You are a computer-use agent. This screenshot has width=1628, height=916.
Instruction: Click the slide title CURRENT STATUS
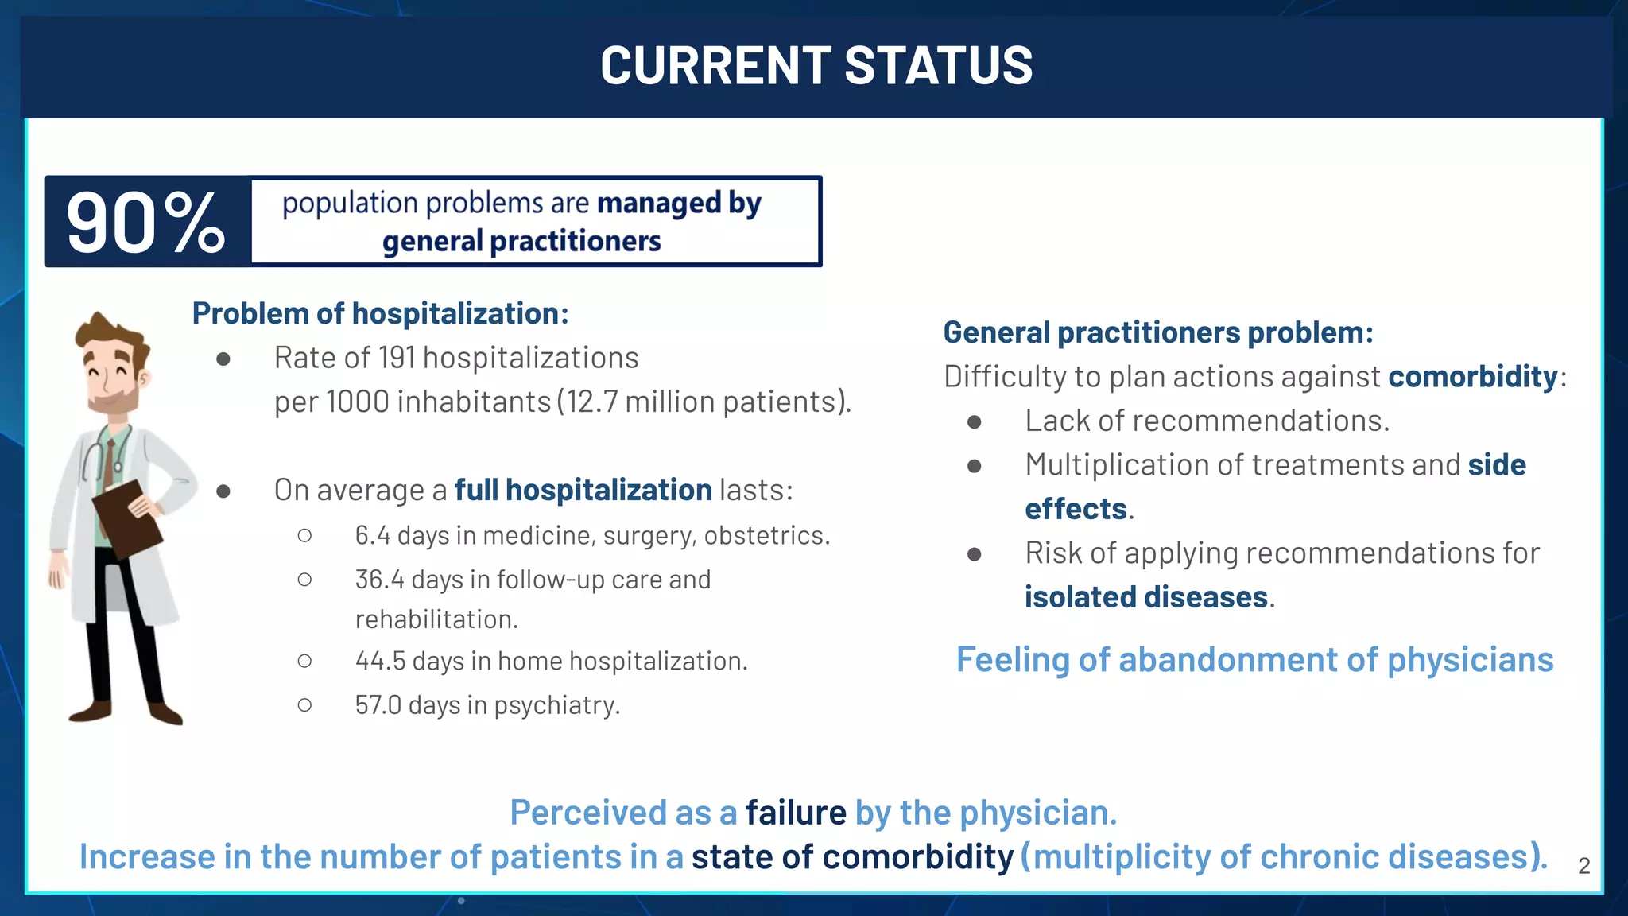coord(816,65)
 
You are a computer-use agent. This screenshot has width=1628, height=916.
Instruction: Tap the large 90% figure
coord(146,223)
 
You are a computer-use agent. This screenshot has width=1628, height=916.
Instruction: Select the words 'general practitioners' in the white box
coord(521,241)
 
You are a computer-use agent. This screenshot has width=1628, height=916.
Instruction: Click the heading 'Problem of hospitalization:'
coord(380,313)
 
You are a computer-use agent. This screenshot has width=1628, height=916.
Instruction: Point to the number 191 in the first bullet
coord(397,358)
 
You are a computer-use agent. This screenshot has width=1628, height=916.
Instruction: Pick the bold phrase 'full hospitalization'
coord(583,490)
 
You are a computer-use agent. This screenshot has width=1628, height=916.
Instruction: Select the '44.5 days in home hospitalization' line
coord(550,661)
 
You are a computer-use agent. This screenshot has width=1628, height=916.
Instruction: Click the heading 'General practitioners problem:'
coord(1157,332)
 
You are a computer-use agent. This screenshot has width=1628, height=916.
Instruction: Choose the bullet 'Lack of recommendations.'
coord(1207,421)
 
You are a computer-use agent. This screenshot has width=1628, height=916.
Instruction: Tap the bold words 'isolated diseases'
coord(1145,597)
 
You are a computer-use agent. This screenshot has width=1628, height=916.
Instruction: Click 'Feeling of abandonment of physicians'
coord(1254,660)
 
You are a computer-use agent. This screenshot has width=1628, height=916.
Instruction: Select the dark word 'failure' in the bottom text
coord(796,813)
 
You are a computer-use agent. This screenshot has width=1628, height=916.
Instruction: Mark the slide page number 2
coord(1583,866)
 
